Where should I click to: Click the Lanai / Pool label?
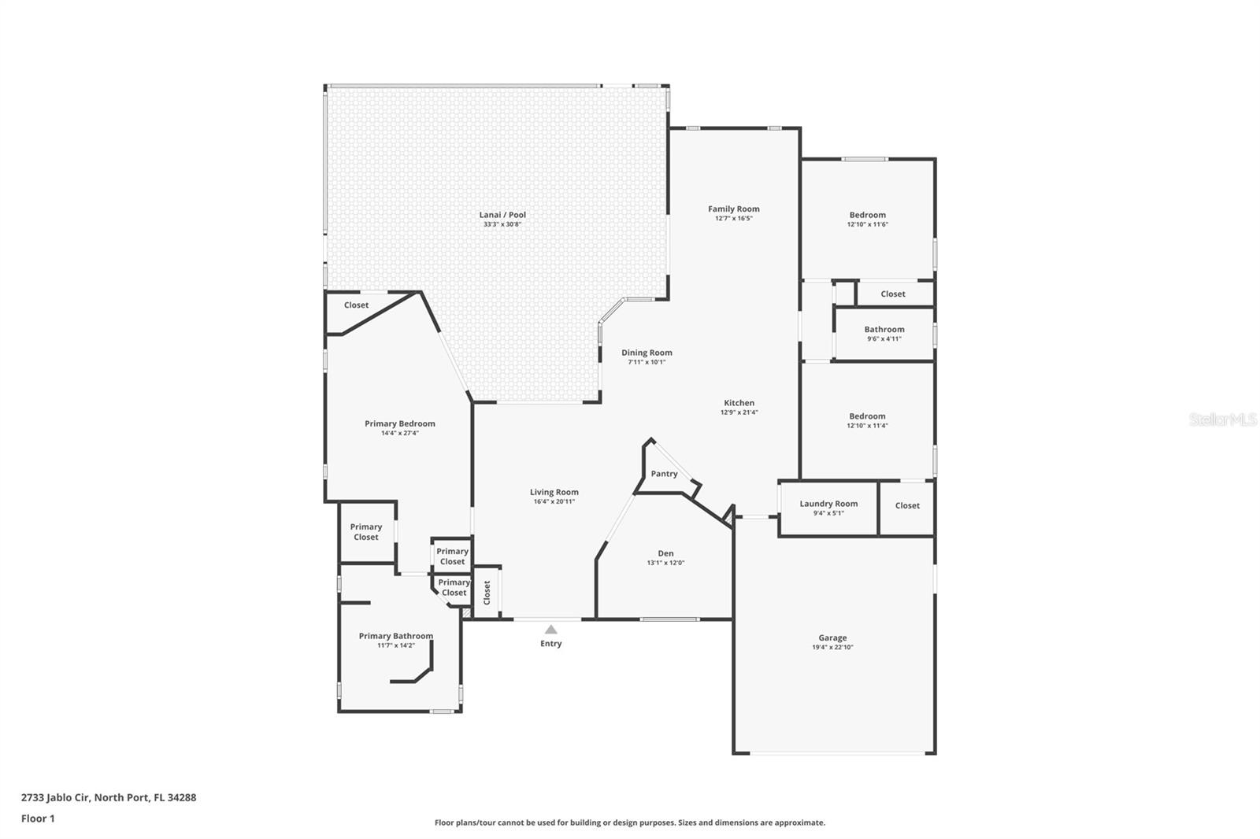point(502,215)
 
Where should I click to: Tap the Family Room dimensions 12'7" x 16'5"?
point(733,218)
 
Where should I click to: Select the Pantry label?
point(664,474)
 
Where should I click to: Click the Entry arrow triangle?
point(551,629)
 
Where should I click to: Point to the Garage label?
point(832,638)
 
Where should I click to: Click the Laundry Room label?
point(828,504)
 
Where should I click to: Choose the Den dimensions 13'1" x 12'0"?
point(665,563)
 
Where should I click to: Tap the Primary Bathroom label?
point(395,636)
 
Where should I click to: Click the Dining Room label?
point(647,353)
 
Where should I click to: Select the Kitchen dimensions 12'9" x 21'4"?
point(739,412)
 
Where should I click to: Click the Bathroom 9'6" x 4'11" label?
point(884,330)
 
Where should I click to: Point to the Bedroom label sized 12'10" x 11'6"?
point(867,215)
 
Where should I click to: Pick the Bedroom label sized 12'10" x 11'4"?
point(867,416)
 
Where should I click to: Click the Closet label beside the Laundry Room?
point(907,506)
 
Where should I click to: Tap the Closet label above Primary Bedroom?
point(356,305)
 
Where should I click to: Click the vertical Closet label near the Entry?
point(487,593)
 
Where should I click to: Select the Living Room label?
point(554,492)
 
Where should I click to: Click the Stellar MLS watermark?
point(1222,419)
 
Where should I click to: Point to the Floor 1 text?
point(38,819)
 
